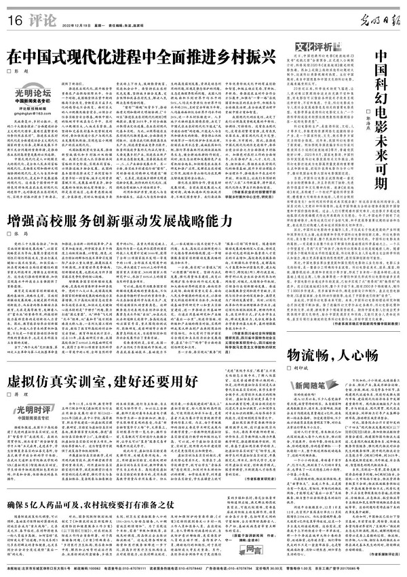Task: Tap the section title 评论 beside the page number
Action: pyautogui.click(x=35, y=18)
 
